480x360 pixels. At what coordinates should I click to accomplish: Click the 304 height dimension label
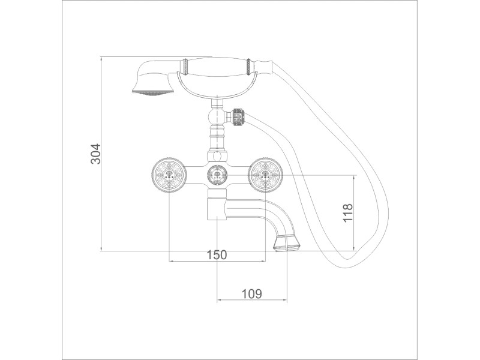tap(95, 154)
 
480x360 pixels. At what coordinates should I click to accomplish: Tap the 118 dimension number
tap(348, 213)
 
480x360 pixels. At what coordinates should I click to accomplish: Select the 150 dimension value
tap(217, 254)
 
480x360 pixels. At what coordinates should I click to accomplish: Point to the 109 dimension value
tap(252, 294)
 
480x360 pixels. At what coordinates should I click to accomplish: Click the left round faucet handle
tap(169, 175)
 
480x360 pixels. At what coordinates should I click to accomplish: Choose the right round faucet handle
tap(265, 175)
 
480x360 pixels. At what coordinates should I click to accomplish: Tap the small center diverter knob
tap(217, 175)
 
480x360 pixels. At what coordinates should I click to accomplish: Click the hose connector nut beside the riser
tap(239, 116)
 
